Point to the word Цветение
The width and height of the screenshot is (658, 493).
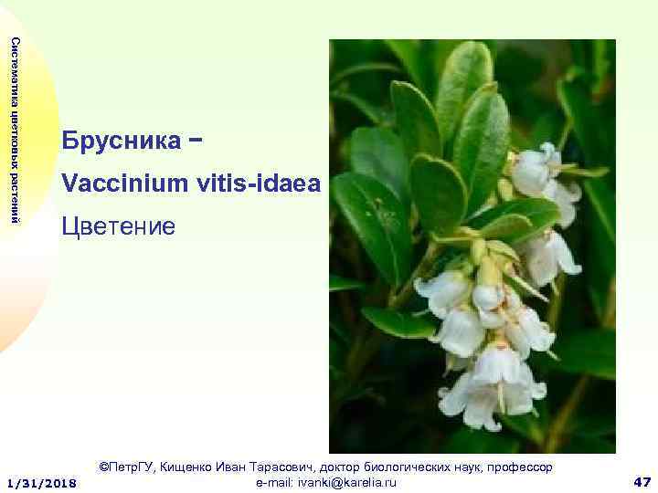tap(118, 225)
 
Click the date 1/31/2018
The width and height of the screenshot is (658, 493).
tap(42, 481)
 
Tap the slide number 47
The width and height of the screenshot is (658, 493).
tap(641, 481)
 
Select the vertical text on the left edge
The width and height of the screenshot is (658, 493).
tap(13, 129)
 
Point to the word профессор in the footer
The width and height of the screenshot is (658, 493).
tap(522, 467)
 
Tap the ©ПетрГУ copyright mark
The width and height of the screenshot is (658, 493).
tap(127, 467)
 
